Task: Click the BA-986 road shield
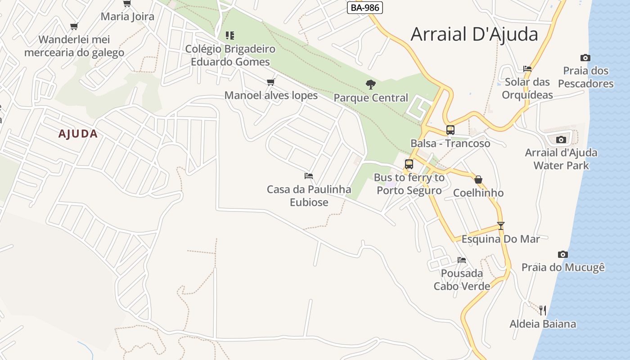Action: [364, 8]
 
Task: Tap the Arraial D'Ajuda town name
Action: [474, 34]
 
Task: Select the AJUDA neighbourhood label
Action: [78, 134]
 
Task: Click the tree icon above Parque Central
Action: [371, 84]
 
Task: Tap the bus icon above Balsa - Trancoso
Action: [450, 130]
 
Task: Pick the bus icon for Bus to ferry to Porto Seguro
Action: [409, 164]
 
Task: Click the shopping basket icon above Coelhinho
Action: [478, 180]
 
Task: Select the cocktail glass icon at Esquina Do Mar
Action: [501, 225]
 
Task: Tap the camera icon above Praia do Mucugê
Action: [563, 254]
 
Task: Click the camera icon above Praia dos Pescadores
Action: [585, 58]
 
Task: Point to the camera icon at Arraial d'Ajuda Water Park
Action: [561, 139]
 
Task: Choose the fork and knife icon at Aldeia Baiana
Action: [543, 310]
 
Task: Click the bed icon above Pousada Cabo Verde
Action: [462, 260]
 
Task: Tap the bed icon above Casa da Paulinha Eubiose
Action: [309, 175]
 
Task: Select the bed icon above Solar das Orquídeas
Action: [527, 69]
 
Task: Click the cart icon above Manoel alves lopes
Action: [271, 82]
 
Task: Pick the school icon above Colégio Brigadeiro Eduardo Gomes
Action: [230, 35]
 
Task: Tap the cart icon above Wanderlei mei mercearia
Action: [74, 26]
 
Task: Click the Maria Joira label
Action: [127, 17]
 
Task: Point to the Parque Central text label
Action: [371, 98]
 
